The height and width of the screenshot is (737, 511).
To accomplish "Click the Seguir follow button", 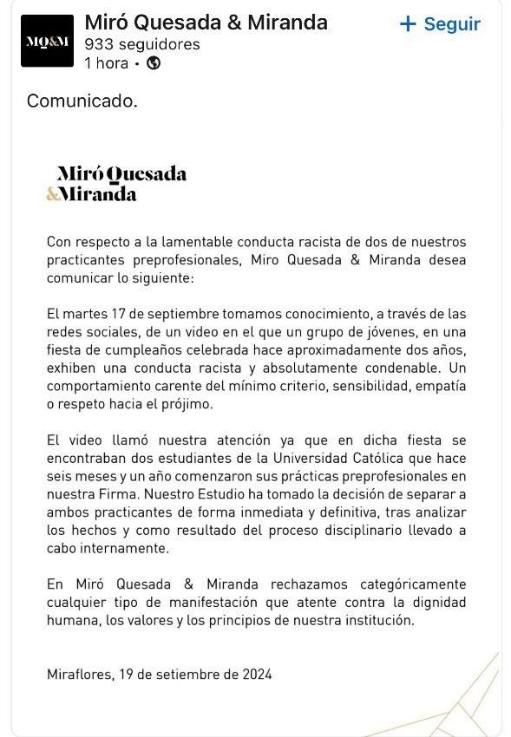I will [440, 24].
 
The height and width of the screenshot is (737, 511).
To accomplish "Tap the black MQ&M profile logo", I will [47, 41].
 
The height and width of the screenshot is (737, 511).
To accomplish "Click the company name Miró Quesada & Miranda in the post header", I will [206, 23].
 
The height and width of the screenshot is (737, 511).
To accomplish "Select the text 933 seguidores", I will [142, 43].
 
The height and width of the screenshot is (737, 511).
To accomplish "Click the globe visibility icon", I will [154, 62].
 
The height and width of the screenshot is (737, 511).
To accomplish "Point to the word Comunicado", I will [82, 101].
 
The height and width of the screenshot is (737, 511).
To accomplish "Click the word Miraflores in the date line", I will [78, 674].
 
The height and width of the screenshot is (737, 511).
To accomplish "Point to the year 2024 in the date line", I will [257, 674].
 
